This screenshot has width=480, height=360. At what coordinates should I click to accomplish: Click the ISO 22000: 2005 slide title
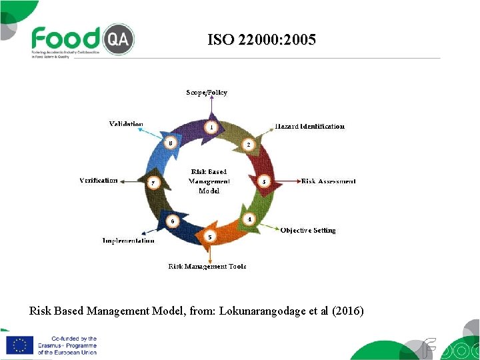[261, 40]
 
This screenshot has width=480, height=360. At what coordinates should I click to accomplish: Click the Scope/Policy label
[207, 93]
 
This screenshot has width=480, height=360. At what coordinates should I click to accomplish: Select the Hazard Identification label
[310, 126]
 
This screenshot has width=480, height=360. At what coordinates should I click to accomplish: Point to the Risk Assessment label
[329, 181]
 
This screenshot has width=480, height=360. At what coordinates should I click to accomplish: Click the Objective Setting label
[308, 231]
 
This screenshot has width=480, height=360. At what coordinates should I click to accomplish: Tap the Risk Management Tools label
[207, 267]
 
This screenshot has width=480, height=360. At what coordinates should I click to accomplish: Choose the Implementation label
[129, 241]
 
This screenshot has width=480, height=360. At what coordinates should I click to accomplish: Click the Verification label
[99, 181]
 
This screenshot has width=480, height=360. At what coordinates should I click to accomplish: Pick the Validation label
[126, 124]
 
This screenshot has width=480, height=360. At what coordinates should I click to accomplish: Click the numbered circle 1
[211, 127]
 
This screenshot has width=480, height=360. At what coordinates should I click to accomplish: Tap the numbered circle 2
[248, 144]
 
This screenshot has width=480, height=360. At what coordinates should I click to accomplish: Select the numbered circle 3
[264, 181]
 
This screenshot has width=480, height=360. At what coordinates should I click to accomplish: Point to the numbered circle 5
[210, 237]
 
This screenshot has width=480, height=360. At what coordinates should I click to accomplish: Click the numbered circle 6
[172, 221]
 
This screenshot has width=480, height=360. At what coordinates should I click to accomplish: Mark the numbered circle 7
[153, 183]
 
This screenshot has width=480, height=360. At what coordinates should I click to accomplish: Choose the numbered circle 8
[171, 143]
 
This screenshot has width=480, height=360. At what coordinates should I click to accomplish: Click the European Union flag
[19, 345]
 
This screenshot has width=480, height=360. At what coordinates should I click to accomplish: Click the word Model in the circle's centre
[209, 191]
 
